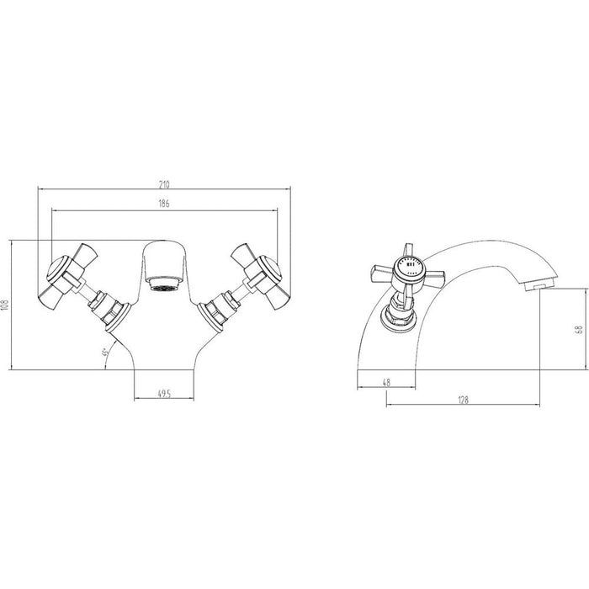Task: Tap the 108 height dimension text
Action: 7,305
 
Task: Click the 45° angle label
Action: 104,353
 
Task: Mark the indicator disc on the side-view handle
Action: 410,269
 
